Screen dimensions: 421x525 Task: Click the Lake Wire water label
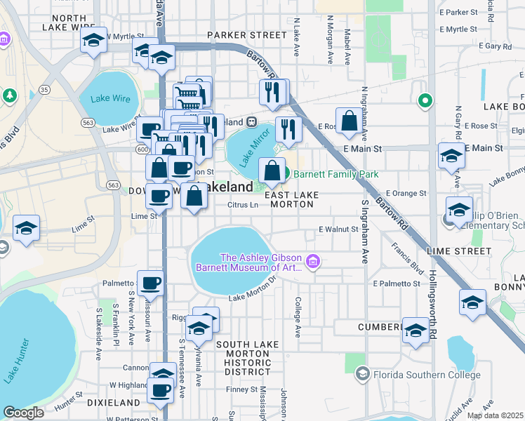click(105, 99)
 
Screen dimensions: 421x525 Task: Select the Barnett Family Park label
click(335, 174)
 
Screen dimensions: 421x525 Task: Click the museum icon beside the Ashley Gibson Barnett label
click(313, 263)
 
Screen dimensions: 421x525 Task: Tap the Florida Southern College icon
click(361, 373)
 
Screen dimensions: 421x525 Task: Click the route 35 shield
click(45, 90)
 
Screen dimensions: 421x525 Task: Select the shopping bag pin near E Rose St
click(349, 122)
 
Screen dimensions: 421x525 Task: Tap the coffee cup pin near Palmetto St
click(150, 283)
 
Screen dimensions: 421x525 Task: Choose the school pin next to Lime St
click(26, 228)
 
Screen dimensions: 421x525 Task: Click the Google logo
click(23, 413)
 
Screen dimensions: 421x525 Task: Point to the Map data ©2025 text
click(496, 415)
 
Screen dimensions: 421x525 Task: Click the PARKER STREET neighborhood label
click(242, 35)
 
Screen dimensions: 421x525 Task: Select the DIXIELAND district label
click(114, 403)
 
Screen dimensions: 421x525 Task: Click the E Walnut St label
click(338, 229)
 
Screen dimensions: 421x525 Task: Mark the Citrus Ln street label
click(243, 206)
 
